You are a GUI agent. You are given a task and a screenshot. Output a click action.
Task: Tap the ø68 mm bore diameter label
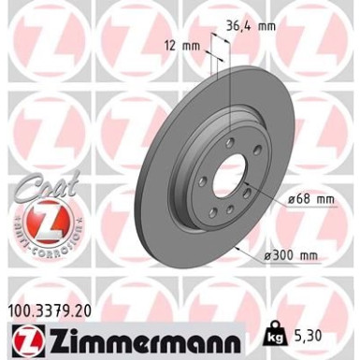click(311, 199)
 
